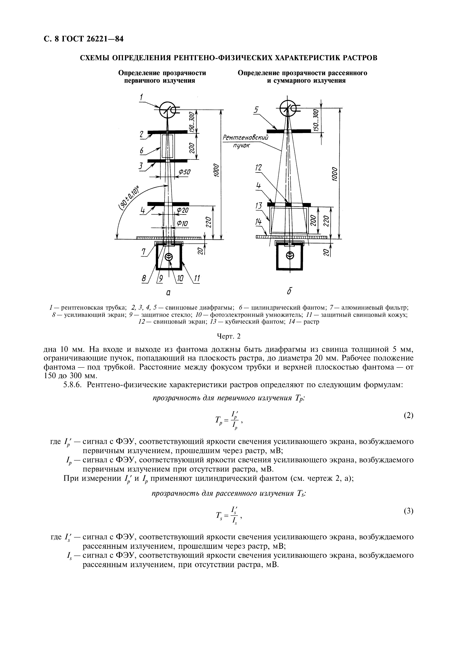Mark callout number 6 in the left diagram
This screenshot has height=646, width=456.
pyautogui.click(x=142, y=151)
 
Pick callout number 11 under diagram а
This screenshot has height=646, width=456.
pyautogui.click(x=197, y=279)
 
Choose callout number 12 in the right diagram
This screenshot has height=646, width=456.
pyautogui.click(x=258, y=168)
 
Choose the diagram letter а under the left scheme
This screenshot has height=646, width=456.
pyautogui.click(x=168, y=293)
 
